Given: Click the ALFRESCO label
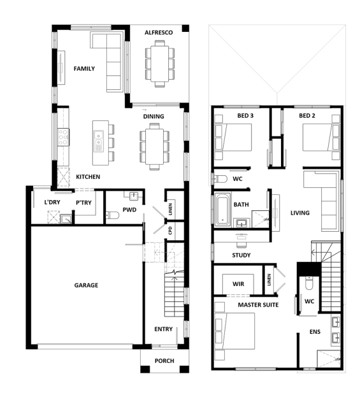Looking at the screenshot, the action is click(159, 32).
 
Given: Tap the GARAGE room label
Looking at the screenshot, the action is click(86, 285).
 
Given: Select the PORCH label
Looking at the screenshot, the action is click(164, 361).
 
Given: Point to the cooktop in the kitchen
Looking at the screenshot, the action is click(63, 138).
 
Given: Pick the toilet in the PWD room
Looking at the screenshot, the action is click(112, 215).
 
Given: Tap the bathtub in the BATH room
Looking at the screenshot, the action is click(222, 209).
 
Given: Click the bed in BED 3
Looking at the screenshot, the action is click(233, 138).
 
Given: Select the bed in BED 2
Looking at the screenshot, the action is click(321, 138).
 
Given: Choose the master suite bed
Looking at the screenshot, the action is click(235, 331).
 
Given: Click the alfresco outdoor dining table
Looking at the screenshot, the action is click(160, 64).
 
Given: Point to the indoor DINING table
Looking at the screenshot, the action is click(155, 146).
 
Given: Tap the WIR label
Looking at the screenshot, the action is click(238, 284).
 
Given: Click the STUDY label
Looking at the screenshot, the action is click(241, 255).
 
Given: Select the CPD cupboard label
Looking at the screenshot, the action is click(170, 231).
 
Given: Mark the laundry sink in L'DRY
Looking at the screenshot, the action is click(66, 219).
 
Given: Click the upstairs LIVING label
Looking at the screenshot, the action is click(300, 213).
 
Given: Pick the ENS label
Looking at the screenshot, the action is click(315, 332).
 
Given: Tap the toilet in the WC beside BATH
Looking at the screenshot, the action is click(220, 178).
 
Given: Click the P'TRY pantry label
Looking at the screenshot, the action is click(83, 203).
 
